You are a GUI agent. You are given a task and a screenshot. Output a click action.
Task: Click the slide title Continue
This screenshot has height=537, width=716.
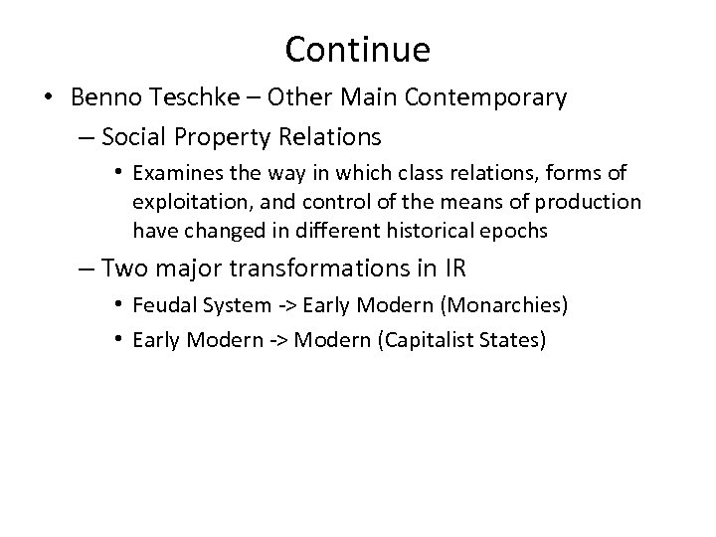[357, 49]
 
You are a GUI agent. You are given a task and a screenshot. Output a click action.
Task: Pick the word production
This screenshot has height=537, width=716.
[590, 203]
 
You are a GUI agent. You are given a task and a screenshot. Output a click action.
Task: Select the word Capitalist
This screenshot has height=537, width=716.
[443, 340]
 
